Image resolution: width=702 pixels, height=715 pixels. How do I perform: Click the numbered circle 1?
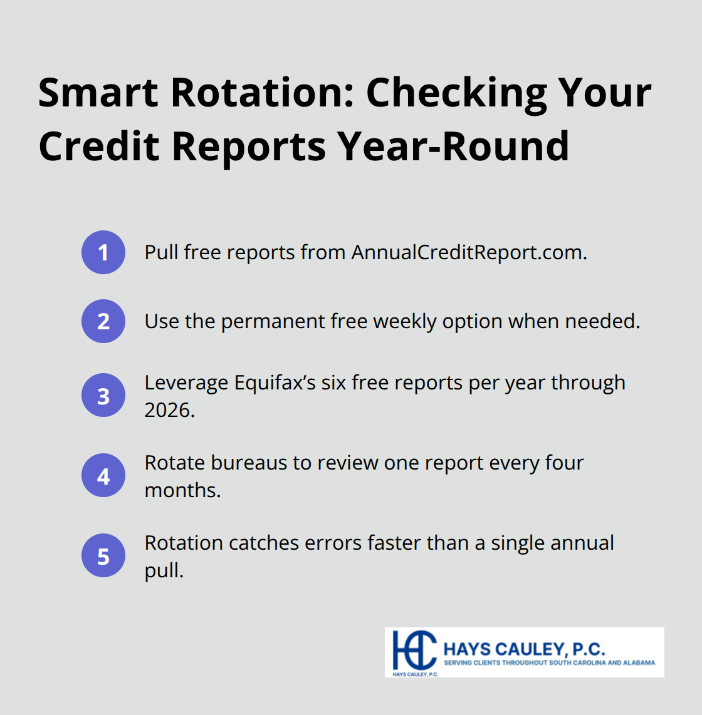tap(103, 252)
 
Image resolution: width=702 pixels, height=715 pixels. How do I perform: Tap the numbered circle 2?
tap(103, 321)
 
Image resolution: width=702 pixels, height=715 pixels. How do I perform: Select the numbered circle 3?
tap(103, 396)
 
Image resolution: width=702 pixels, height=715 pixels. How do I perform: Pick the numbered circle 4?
tap(103, 476)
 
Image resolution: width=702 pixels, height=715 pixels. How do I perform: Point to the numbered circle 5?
tap(103, 556)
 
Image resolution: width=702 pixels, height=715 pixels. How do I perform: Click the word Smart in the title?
tap(98, 93)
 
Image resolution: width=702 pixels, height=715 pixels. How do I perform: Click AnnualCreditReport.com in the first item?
tap(469, 252)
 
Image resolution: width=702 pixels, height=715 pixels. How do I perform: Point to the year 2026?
tap(169, 410)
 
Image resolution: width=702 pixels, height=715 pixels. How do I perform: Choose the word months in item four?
tap(182, 490)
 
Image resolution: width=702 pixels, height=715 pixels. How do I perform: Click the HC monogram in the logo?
tap(413, 651)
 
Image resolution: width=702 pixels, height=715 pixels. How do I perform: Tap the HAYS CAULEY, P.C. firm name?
tap(524, 649)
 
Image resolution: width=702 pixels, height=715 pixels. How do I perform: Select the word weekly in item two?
tap(405, 321)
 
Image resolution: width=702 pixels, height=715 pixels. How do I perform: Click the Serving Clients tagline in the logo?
tap(549, 662)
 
